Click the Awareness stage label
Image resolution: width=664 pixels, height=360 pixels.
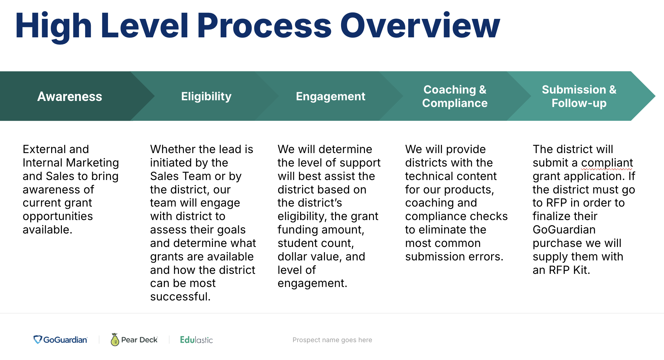(70, 97)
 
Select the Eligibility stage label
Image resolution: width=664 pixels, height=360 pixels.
(206, 97)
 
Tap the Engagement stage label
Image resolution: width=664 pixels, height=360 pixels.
(331, 97)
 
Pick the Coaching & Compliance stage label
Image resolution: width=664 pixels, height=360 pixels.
(455, 96)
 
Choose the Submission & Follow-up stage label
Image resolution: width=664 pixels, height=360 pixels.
(579, 96)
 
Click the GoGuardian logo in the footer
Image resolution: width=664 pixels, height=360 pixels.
(61, 340)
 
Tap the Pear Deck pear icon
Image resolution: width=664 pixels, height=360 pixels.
(115, 340)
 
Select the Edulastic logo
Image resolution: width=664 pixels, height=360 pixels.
(196, 340)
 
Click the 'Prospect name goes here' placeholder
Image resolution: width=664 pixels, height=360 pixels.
(332, 340)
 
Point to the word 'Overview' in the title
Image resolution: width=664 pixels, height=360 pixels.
(420, 26)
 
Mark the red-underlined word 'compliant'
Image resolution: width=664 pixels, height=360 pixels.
(607, 163)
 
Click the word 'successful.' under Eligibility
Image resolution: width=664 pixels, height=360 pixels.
(180, 297)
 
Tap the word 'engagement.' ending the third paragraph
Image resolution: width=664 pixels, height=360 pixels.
(312, 284)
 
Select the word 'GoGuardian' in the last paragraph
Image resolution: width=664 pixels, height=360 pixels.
(564, 230)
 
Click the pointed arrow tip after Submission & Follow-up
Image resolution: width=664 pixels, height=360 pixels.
(655, 96)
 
